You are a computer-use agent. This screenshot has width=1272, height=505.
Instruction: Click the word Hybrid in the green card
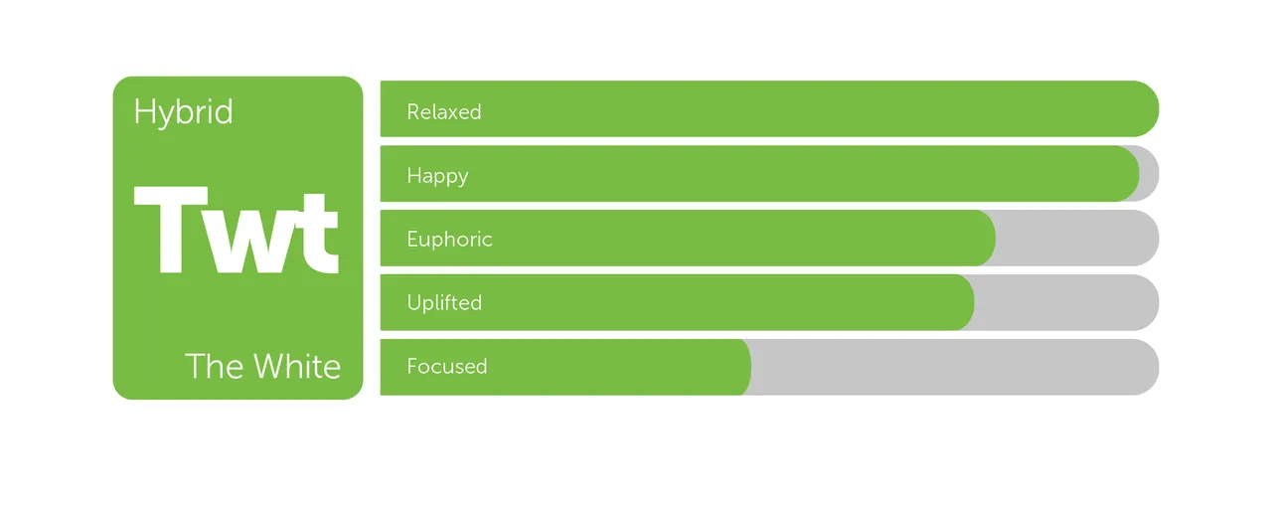(183, 112)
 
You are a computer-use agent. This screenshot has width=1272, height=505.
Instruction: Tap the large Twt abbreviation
(237, 231)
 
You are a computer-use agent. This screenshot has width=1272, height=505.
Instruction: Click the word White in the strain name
(297, 366)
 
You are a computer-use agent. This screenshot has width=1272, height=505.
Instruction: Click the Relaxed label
(444, 112)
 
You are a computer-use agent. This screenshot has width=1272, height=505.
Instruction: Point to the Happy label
(437, 176)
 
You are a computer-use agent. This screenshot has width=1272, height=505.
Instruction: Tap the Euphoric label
(450, 240)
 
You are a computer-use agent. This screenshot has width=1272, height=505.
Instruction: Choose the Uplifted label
(444, 303)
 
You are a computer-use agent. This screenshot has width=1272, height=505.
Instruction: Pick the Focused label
(447, 367)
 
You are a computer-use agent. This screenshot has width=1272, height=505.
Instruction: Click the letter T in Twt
(171, 230)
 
